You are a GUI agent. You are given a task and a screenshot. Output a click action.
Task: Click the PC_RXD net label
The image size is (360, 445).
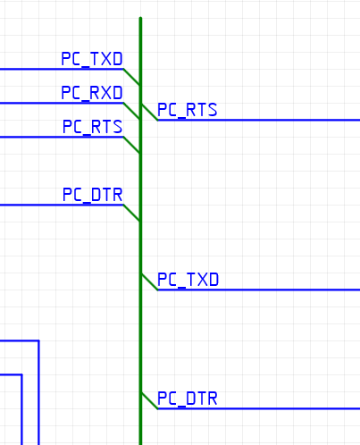92,93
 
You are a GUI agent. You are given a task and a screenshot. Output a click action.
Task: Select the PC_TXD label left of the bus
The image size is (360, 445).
92,59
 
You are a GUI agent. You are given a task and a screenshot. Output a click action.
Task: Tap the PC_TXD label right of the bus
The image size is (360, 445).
188,280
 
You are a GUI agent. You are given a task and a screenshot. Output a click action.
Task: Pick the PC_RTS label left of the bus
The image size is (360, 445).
92,127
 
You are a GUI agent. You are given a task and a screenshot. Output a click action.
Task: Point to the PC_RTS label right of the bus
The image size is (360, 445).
188,110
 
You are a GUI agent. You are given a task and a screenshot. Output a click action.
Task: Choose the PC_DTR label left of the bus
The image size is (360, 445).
92,195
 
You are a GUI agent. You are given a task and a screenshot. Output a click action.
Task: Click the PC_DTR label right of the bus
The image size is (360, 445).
188,399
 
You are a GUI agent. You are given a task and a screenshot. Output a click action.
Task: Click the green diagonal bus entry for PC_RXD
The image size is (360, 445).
132,111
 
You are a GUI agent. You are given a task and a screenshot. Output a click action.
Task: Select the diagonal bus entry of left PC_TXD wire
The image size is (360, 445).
132,77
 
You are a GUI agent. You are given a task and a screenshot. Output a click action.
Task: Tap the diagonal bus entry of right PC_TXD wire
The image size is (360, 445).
149,281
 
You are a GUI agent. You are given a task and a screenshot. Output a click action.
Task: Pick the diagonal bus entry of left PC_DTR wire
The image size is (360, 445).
132,213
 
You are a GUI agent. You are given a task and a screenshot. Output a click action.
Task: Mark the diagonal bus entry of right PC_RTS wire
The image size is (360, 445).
149,112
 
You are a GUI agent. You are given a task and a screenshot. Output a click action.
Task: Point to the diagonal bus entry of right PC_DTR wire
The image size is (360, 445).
149,400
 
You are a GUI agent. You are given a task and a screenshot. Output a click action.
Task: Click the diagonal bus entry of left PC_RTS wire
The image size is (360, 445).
132,145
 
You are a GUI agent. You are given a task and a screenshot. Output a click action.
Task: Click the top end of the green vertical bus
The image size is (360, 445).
140,18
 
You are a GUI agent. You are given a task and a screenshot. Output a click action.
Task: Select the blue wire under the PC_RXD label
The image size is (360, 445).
62,103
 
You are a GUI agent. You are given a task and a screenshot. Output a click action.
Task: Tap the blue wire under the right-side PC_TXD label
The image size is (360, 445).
259,290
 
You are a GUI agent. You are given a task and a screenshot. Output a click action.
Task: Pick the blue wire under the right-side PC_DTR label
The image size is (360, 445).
259,408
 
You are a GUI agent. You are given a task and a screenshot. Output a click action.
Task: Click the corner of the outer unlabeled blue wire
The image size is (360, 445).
38,340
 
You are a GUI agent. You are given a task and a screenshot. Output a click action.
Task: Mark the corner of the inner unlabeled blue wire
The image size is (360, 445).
21,374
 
